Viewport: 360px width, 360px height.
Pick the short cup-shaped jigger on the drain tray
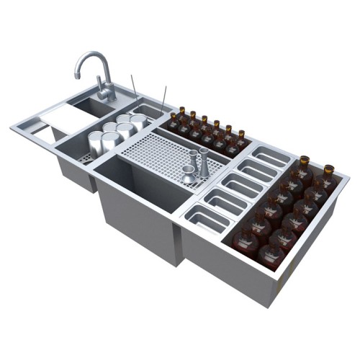tap(189, 173)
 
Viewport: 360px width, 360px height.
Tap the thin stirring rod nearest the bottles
tap(164, 96)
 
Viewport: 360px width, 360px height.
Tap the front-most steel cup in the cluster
tap(98, 142)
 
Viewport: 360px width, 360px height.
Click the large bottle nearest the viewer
tap(269, 248)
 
